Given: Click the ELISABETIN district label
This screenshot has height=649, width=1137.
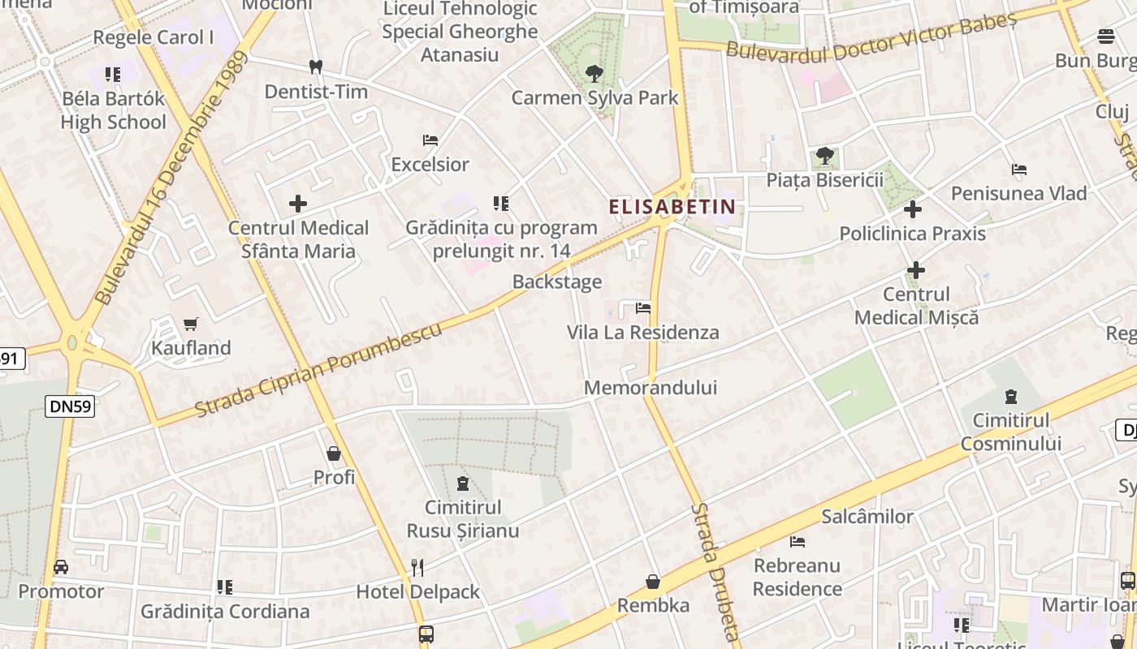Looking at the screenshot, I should pyautogui.click(x=672, y=207).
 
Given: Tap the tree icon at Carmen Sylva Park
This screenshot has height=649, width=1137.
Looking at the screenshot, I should pyautogui.click(x=594, y=74).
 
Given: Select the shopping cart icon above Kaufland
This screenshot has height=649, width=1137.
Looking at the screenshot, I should pyautogui.click(x=191, y=324).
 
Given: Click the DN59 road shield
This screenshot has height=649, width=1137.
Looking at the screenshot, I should pyautogui.click(x=70, y=406).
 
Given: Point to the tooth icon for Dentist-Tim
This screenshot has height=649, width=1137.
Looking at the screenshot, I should pyautogui.click(x=316, y=67).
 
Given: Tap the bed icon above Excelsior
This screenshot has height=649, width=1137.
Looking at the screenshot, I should pyautogui.click(x=430, y=140).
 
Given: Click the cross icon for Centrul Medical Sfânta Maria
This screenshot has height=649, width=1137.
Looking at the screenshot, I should pyautogui.click(x=298, y=204).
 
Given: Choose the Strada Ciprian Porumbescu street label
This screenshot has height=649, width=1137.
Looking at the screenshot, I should pyautogui.click(x=319, y=369).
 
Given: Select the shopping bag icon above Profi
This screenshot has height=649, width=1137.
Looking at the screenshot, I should pyautogui.click(x=334, y=453).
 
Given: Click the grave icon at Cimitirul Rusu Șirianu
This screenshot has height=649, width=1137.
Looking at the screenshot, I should pyautogui.click(x=463, y=484).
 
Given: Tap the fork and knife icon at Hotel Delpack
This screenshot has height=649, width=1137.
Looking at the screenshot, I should pyautogui.click(x=417, y=567).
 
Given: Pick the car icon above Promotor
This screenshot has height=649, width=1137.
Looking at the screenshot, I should pyautogui.click(x=61, y=567).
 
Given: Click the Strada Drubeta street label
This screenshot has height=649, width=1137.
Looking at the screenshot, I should pyautogui.click(x=715, y=573).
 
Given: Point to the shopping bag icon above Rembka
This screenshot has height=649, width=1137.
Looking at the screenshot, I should pyautogui.click(x=653, y=582).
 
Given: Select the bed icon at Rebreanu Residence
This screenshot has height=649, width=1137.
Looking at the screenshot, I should pyautogui.click(x=798, y=541).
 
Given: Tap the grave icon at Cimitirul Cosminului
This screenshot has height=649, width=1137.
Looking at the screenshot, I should pyautogui.click(x=1011, y=396).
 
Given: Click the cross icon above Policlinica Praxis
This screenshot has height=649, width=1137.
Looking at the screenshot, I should pyautogui.click(x=913, y=209).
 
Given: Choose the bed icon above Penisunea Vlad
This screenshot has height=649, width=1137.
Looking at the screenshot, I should pyautogui.click(x=1019, y=170).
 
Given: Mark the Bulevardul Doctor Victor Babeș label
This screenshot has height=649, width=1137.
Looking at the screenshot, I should pyautogui.click(x=871, y=38).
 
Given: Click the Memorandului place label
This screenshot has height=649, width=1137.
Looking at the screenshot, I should pyautogui.click(x=651, y=388).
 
